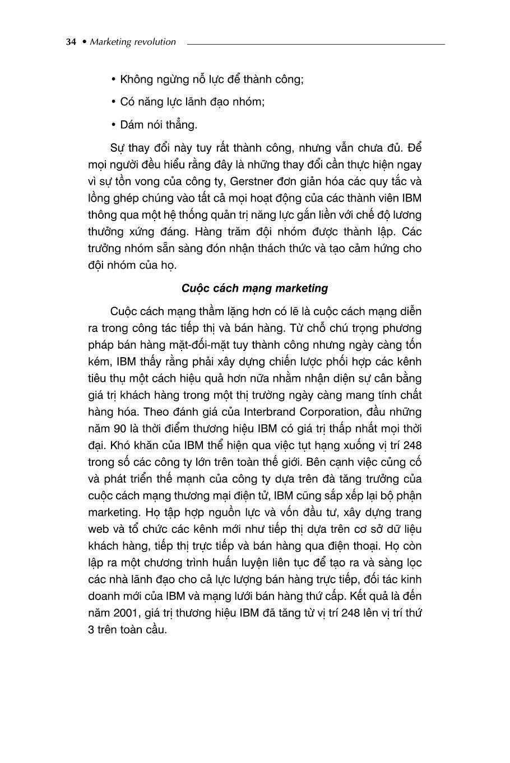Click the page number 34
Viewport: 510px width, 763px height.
[x=71, y=42]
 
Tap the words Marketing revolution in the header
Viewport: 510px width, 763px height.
[x=133, y=42]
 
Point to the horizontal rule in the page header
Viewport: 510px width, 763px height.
[x=316, y=44]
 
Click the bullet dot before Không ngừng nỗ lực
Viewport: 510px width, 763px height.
[x=114, y=79]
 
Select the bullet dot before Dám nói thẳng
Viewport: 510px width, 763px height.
[x=114, y=125]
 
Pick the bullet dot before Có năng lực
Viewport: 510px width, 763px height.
[x=114, y=102]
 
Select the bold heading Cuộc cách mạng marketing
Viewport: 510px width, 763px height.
[x=255, y=288]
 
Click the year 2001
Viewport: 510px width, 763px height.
[x=123, y=612]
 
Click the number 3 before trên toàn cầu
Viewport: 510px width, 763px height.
[x=91, y=629]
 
